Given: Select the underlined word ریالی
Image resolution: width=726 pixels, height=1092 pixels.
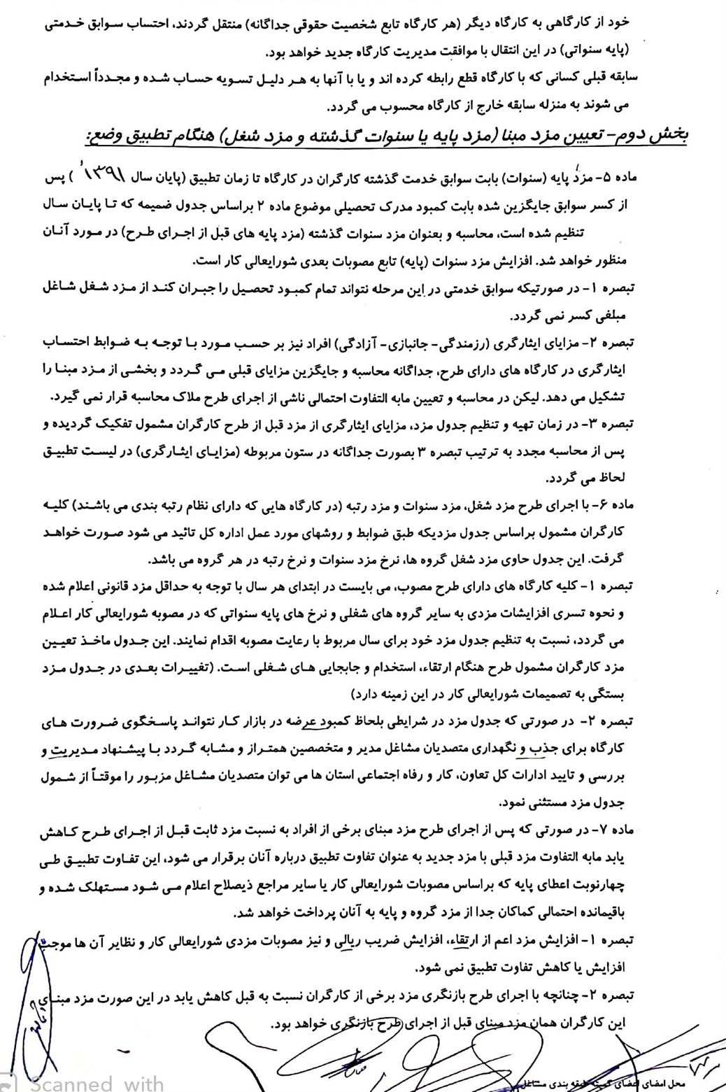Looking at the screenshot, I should point(357,941).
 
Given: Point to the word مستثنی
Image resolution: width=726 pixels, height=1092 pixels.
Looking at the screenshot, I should point(539,804).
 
